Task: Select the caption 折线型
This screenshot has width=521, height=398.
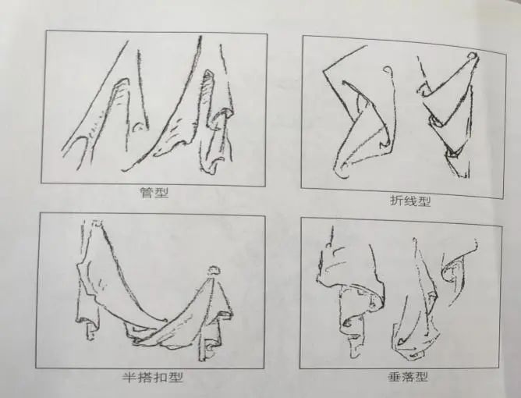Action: pos(410,201)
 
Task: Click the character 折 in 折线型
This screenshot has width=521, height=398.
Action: pos(396,201)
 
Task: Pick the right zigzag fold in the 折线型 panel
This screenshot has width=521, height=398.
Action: pos(448,117)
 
